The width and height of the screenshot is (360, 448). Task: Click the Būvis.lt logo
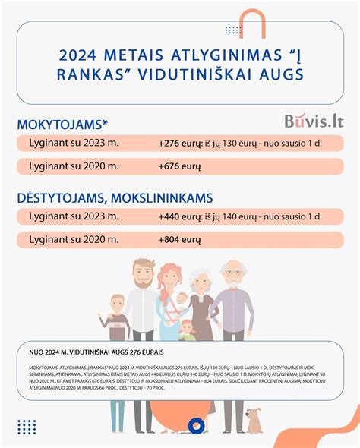coord(314,121)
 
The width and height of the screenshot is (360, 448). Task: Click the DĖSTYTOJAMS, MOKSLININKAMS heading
coord(114,197)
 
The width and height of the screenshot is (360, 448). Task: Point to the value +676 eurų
coord(179,166)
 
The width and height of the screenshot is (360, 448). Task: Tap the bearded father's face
coord(141,271)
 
